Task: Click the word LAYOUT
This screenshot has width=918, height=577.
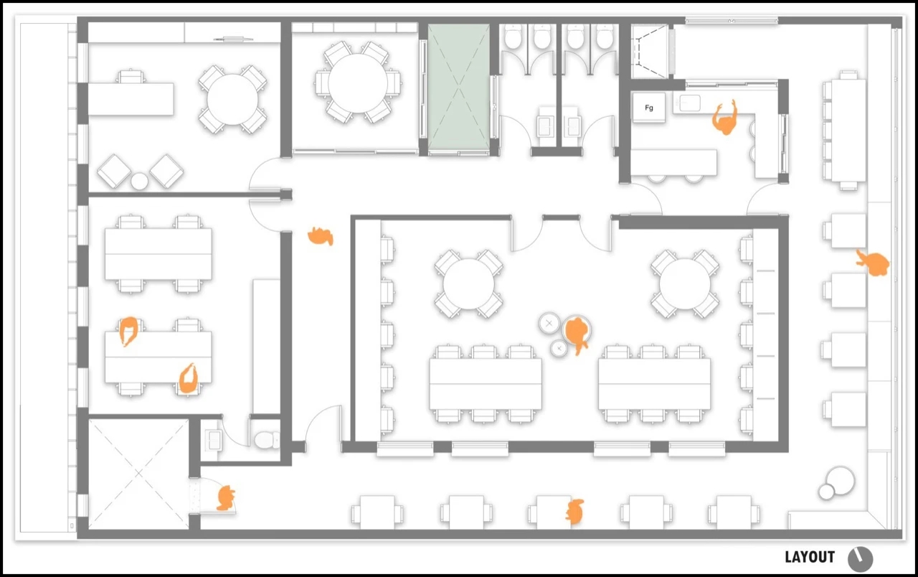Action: [x=810, y=557]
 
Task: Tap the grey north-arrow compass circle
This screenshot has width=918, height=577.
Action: [x=860, y=559]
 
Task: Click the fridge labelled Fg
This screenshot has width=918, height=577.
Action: [x=649, y=108]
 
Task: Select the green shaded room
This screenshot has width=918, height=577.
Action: [x=458, y=88]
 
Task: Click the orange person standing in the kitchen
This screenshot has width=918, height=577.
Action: [x=724, y=119]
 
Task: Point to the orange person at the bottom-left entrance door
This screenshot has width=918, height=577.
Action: [x=225, y=498]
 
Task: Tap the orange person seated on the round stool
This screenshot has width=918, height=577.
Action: [x=577, y=333]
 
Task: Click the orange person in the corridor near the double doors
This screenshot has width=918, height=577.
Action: [x=321, y=236]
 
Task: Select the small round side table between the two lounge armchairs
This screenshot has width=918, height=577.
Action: [x=139, y=182]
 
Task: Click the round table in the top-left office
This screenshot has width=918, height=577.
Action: [x=233, y=100]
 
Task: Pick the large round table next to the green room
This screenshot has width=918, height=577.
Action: [x=358, y=83]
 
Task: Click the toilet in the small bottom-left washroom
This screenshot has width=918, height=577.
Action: [x=266, y=440]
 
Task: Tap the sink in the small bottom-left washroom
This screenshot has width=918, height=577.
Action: [x=213, y=440]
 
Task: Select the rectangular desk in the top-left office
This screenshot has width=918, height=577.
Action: [x=131, y=99]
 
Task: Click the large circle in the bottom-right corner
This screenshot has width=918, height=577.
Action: [x=841, y=480]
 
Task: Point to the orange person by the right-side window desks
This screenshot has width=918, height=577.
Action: [x=873, y=263]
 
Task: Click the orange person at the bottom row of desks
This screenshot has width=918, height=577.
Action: [x=575, y=512]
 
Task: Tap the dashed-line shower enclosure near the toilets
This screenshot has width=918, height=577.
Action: [x=651, y=51]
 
